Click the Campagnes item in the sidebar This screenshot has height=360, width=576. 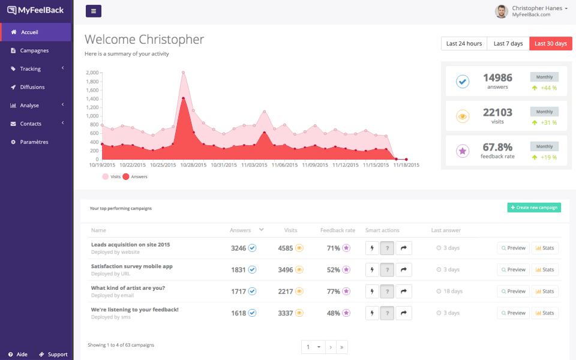coord(34,50)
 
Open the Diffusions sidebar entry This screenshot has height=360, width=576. coord(32,87)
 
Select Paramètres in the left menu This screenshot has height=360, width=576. coord(34,142)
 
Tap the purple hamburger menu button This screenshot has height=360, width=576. coord(94,11)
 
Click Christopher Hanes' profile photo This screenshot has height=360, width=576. coord(501,11)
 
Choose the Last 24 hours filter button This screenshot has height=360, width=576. coord(464,44)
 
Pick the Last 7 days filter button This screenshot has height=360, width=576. coord(508,44)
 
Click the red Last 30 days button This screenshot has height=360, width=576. coord(550,44)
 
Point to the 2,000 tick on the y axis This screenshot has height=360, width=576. coord(92,73)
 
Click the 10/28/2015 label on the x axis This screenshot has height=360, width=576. coord(193,165)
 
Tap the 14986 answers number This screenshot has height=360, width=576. coord(497,78)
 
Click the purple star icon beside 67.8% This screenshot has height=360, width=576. coord(463,151)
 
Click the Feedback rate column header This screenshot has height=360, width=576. coord(337,230)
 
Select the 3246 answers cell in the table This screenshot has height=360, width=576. coord(238,248)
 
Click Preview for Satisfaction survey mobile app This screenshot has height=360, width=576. coord(513,270)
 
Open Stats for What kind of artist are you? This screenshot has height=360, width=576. coord(545,292)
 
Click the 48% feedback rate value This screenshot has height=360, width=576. coord(334,313)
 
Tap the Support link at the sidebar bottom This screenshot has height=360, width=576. coord(53,355)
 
